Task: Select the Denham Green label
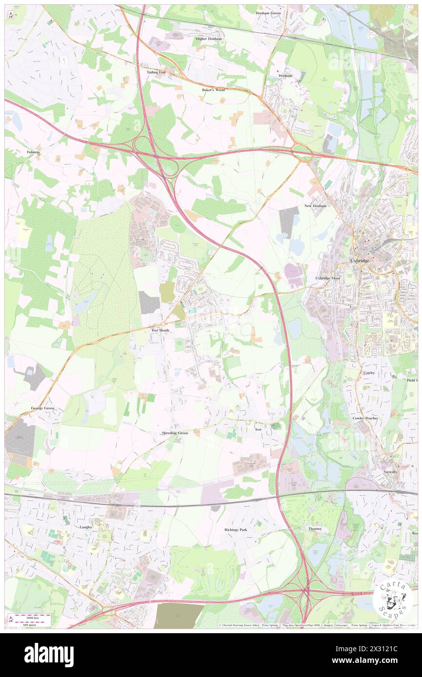pos(268,13)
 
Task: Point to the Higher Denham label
pos(208,38)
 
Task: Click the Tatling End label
pos(156,72)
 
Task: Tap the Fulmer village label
pos(33,152)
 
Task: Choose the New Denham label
pos(315,206)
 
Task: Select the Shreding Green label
pos(175,433)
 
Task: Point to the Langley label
pos(85,527)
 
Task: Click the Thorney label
pos(315,528)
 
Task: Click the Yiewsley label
pos(391,472)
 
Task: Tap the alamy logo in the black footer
pos(49,655)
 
